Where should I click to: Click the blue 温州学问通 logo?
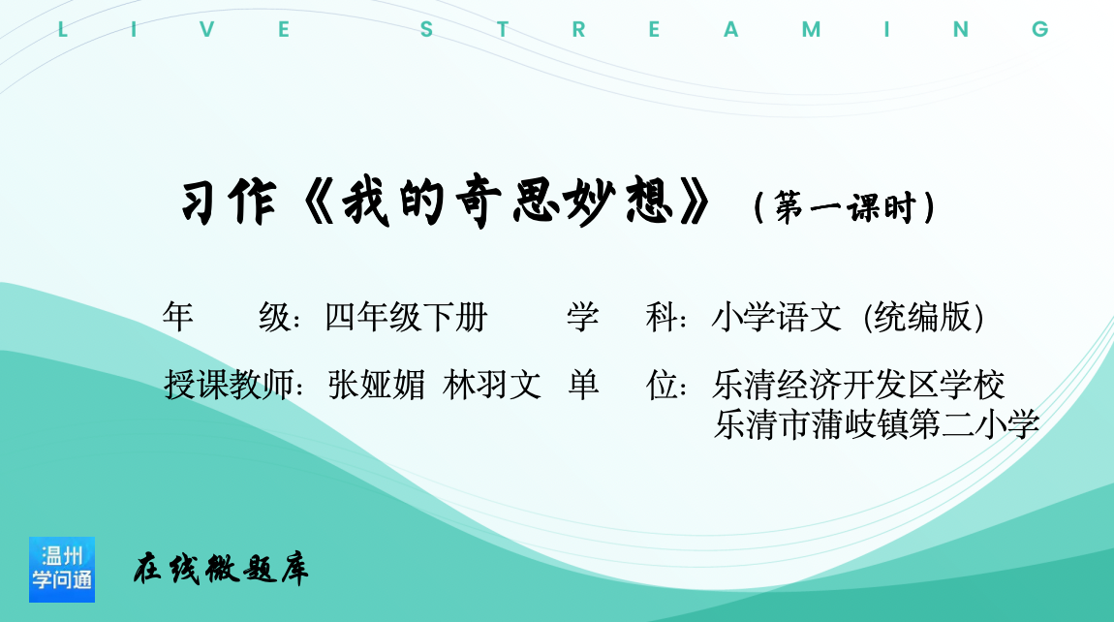pyautogui.click(x=62, y=570)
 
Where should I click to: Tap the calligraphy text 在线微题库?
pyautogui.click(x=221, y=569)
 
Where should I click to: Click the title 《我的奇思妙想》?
pyautogui.click(x=506, y=202)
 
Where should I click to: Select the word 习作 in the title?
pyautogui.click(x=229, y=202)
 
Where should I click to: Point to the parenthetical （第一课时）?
pyautogui.click(x=845, y=207)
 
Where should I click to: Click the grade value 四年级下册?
pyautogui.click(x=406, y=317)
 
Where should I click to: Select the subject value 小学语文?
pyautogui.click(x=776, y=317)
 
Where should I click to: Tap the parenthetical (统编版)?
pyautogui.click(x=923, y=317)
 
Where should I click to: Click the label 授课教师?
pyautogui.click(x=229, y=386)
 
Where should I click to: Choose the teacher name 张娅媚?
pyautogui.click(x=377, y=386)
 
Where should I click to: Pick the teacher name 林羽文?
pyautogui.click(x=492, y=386)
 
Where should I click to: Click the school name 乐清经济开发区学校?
pyautogui.click(x=858, y=386)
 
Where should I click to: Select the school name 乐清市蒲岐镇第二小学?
pyautogui.click(x=877, y=424)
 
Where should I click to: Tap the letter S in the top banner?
pyautogui.click(x=426, y=29)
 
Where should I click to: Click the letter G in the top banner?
pyautogui.click(x=1040, y=29)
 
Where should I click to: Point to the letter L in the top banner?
pyautogui.click(x=63, y=29)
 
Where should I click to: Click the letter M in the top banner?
pyautogui.click(x=812, y=29)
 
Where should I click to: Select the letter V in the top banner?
pyautogui.click(x=206, y=29)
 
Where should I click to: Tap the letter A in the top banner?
pyautogui.click(x=731, y=29)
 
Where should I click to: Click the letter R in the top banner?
pyautogui.click(x=579, y=29)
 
